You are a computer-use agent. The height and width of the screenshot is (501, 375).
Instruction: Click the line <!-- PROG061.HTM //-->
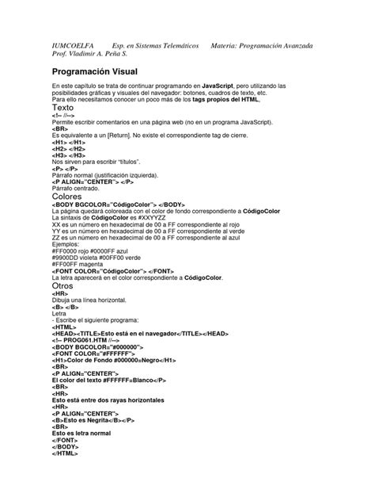click(93, 340)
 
